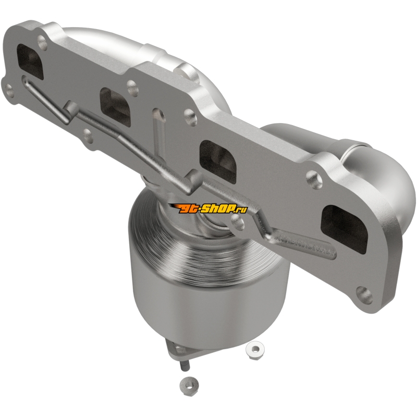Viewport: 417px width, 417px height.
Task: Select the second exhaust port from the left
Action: (115, 107)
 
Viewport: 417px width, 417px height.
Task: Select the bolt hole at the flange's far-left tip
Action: (9, 90)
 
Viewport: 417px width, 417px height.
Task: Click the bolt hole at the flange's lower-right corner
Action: (364, 295)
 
